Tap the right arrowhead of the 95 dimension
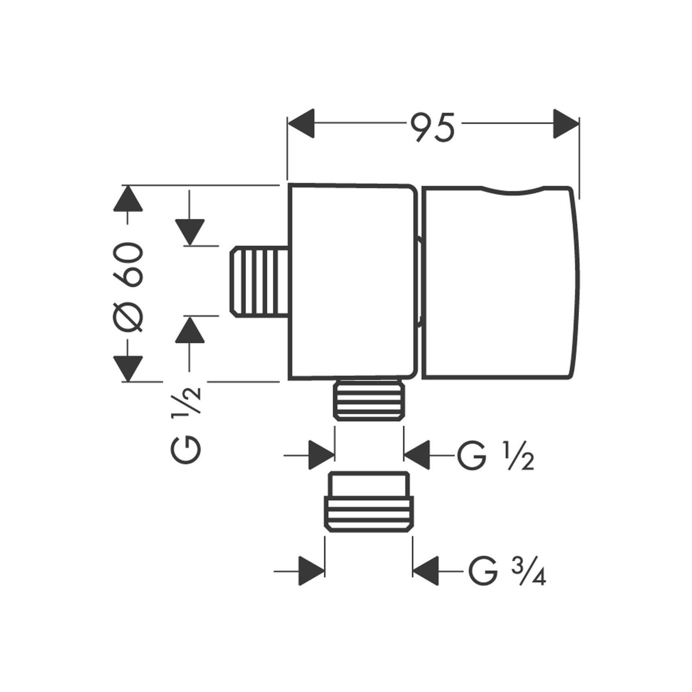566,123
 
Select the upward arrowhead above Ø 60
128,198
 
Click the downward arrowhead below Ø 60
128,369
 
